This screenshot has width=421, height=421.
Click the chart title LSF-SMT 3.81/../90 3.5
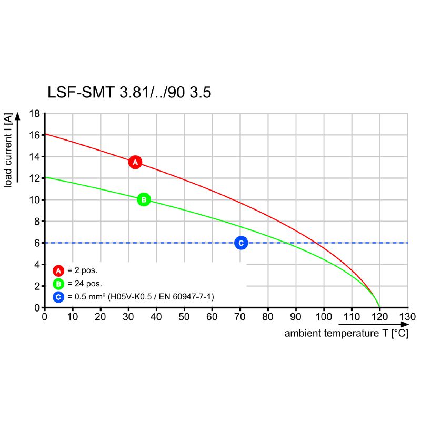[129, 93]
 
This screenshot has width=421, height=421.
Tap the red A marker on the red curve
[135, 162]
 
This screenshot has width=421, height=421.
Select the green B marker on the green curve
[144, 199]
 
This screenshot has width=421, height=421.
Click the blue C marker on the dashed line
[240, 243]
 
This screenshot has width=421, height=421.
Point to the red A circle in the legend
[58, 271]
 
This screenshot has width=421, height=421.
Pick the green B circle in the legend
[58, 284]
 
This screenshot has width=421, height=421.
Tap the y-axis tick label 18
[34, 114]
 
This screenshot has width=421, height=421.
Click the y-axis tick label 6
[37, 243]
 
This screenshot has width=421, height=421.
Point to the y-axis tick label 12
[34, 178]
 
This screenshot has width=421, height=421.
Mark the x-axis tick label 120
[379, 317]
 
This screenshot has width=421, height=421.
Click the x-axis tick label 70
[240, 317]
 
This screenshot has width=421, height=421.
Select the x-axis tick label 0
[45, 317]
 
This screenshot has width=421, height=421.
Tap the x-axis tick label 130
[407, 317]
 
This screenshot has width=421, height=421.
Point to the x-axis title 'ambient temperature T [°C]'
[346, 334]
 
